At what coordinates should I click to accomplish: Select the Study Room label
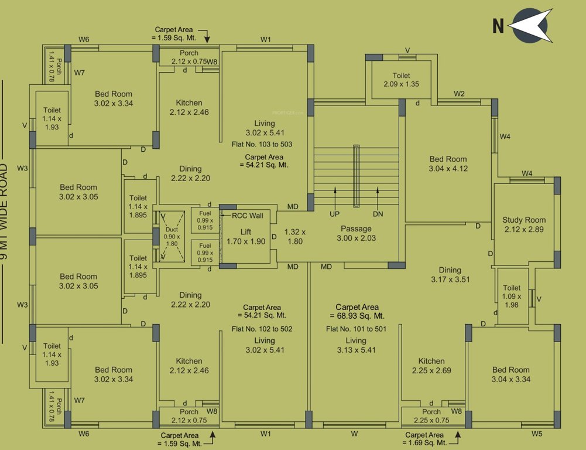point(523,224)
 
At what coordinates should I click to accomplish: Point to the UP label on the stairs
point(334,214)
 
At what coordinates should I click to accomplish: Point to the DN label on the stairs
point(378,214)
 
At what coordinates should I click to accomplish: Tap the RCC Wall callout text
point(248,216)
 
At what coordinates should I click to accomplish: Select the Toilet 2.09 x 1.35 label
point(401,80)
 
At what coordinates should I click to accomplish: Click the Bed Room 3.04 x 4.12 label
point(448,163)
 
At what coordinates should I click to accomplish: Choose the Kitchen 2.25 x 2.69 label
point(431,366)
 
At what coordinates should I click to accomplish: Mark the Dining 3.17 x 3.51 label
point(450,275)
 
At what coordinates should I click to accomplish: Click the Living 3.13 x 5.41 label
point(356,345)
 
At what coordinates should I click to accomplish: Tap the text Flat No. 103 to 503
point(262,144)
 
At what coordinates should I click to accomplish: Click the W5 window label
point(537,434)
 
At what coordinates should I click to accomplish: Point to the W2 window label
point(459,94)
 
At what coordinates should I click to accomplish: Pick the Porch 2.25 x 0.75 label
point(431,415)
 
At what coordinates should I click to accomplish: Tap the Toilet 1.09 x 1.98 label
point(512,297)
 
